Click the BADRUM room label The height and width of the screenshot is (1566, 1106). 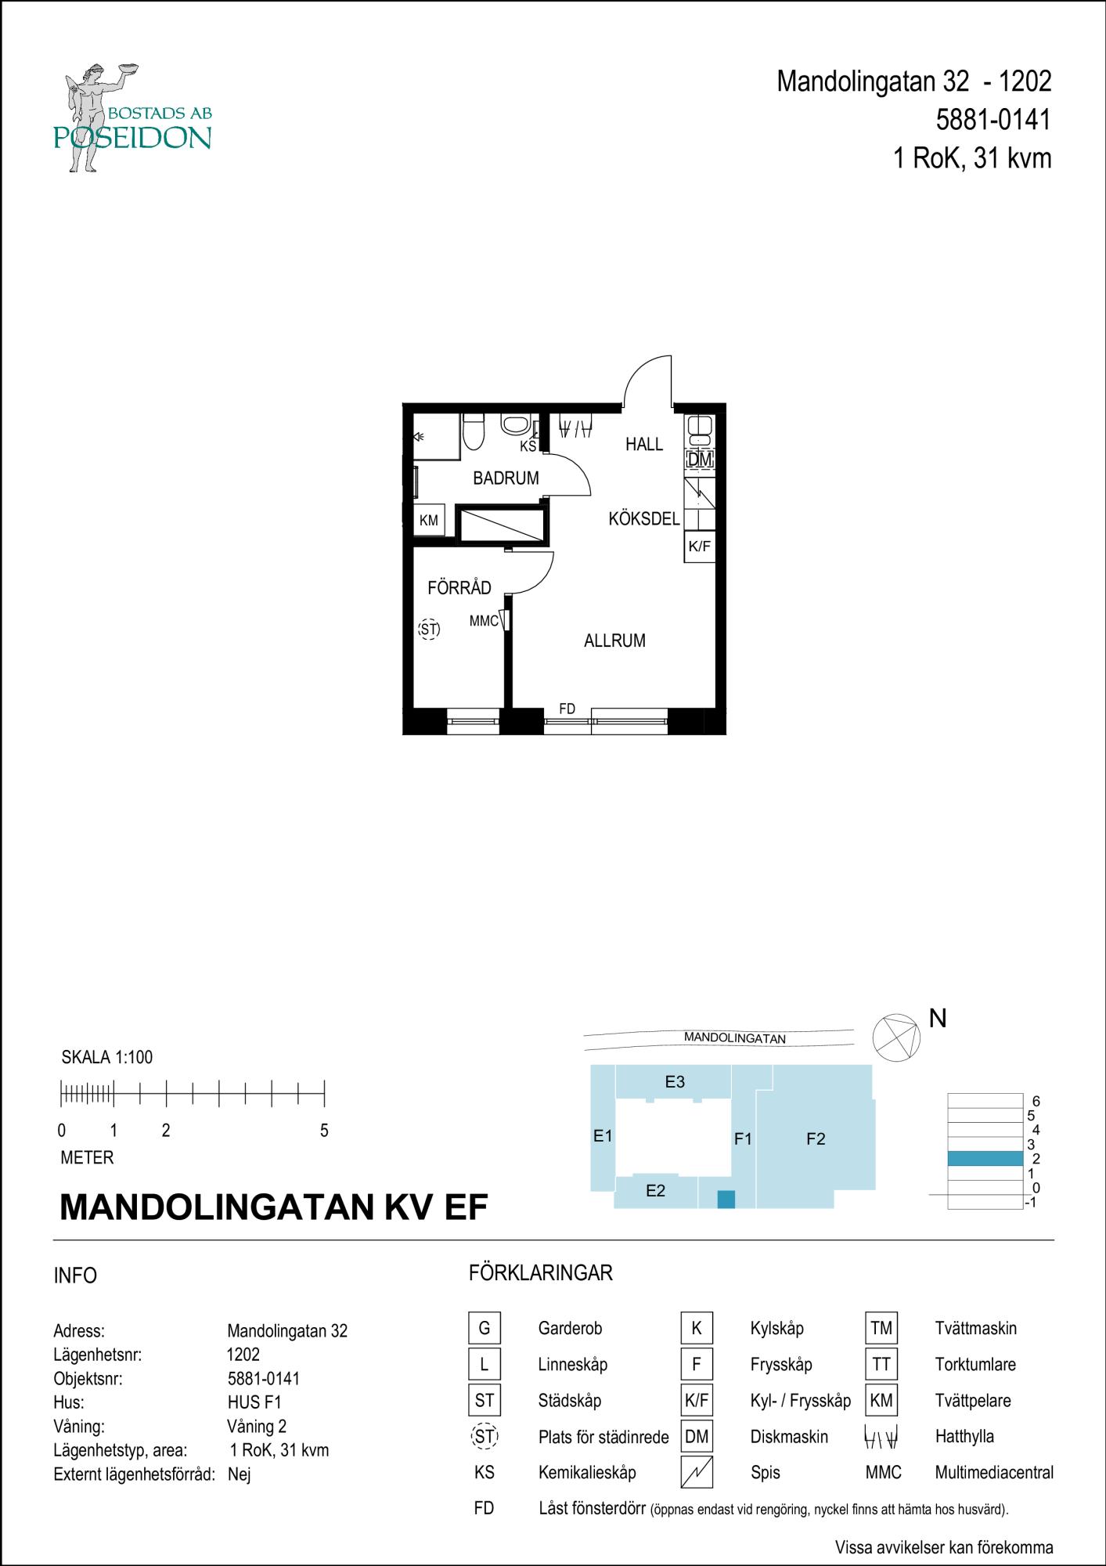pos(506,478)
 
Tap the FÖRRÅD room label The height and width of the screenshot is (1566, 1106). pos(459,587)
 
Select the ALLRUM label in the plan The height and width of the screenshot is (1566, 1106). pos(614,640)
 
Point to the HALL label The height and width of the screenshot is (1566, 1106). pos(644,444)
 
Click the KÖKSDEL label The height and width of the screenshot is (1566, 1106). pos(644,518)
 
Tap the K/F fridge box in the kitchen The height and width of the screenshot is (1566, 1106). pos(699,546)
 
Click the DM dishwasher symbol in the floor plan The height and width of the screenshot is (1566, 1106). pos(700,460)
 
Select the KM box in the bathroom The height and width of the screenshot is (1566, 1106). pos(429,521)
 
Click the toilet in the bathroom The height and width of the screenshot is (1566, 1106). pos(474,431)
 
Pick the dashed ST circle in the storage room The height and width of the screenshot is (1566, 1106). pos(429,629)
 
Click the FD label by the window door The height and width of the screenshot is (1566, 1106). pos(567,709)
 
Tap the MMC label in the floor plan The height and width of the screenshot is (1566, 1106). pos(484,622)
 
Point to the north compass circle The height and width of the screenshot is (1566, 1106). pos(897,1036)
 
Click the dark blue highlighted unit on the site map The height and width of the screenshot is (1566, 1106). pos(726,1199)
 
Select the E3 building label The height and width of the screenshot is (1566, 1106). pos(675,1081)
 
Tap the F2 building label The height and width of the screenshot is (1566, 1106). pos(816,1139)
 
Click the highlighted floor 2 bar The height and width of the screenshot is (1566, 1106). pos(985,1159)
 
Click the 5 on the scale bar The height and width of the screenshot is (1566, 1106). pos(324,1131)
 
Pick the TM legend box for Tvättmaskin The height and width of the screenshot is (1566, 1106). pos(881,1328)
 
